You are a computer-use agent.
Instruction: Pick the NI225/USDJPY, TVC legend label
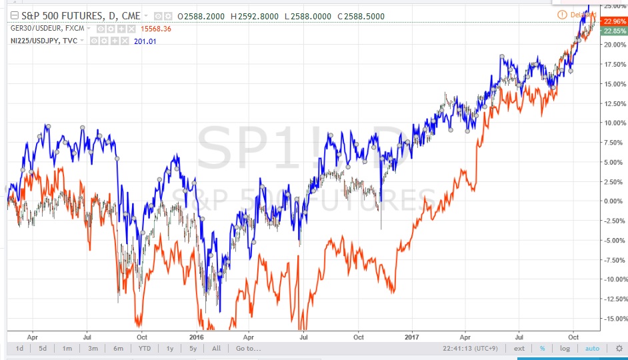coord(39,41)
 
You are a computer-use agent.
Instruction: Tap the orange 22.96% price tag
coord(613,21)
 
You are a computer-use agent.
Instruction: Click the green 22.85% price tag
coord(613,31)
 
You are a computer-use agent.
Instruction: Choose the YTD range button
coord(143,349)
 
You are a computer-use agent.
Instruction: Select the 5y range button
coord(193,349)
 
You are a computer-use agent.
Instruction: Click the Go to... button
coord(247,349)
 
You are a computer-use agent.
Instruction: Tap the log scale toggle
coord(565,349)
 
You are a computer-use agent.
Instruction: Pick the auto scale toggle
coord(592,349)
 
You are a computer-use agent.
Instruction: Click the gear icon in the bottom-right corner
coord(618,349)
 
